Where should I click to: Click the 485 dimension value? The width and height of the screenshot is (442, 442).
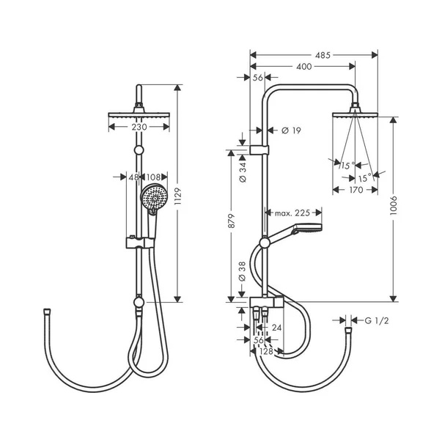tap(323, 55)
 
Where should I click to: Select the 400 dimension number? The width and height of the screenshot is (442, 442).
tap(304, 67)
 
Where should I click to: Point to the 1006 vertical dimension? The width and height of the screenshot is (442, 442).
tap(393, 206)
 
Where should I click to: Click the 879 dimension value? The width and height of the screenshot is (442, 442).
tap(231, 221)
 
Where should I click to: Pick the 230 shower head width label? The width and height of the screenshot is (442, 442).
tap(139, 127)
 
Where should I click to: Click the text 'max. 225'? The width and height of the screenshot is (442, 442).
tap(292, 213)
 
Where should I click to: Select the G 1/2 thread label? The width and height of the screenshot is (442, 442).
tap(377, 320)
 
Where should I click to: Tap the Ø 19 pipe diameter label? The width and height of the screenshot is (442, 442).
tap(291, 130)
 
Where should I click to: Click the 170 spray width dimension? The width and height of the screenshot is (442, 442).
tap(356, 190)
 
